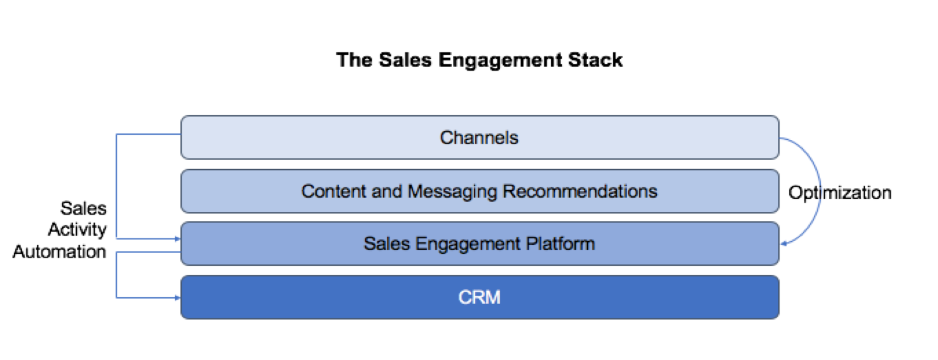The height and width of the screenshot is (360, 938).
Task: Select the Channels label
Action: click(479, 138)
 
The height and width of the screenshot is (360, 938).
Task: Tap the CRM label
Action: click(480, 297)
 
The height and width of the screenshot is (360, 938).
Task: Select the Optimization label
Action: click(840, 193)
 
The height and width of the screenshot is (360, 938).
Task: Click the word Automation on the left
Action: click(59, 251)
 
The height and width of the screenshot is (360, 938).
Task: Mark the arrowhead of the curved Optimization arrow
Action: click(784, 244)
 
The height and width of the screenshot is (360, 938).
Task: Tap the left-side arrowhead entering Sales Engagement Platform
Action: click(177, 239)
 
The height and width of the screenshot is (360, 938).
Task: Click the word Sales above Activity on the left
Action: click(83, 208)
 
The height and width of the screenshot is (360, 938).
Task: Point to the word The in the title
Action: click(350, 61)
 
